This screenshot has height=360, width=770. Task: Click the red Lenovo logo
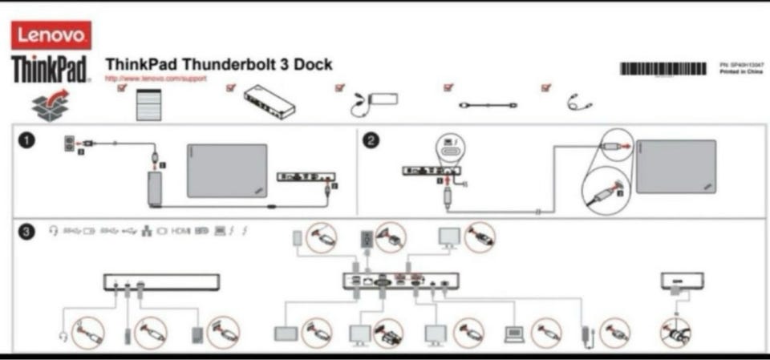pos(51,35)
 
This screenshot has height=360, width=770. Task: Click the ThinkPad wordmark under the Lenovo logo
pos(50,69)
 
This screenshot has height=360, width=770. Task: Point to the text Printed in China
pos(742,71)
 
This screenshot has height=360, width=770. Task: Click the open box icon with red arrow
pos(50,105)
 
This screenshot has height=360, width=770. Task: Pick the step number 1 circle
pos(27,141)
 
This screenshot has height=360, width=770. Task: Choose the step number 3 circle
pos(27,232)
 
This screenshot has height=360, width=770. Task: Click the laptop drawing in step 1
pos(227,171)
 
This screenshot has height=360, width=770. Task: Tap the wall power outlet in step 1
pos(69,144)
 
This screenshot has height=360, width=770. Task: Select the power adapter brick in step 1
pos(155,189)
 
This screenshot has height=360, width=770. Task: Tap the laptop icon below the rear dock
pos(513,334)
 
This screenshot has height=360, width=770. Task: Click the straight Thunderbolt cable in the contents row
pos(488,105)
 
